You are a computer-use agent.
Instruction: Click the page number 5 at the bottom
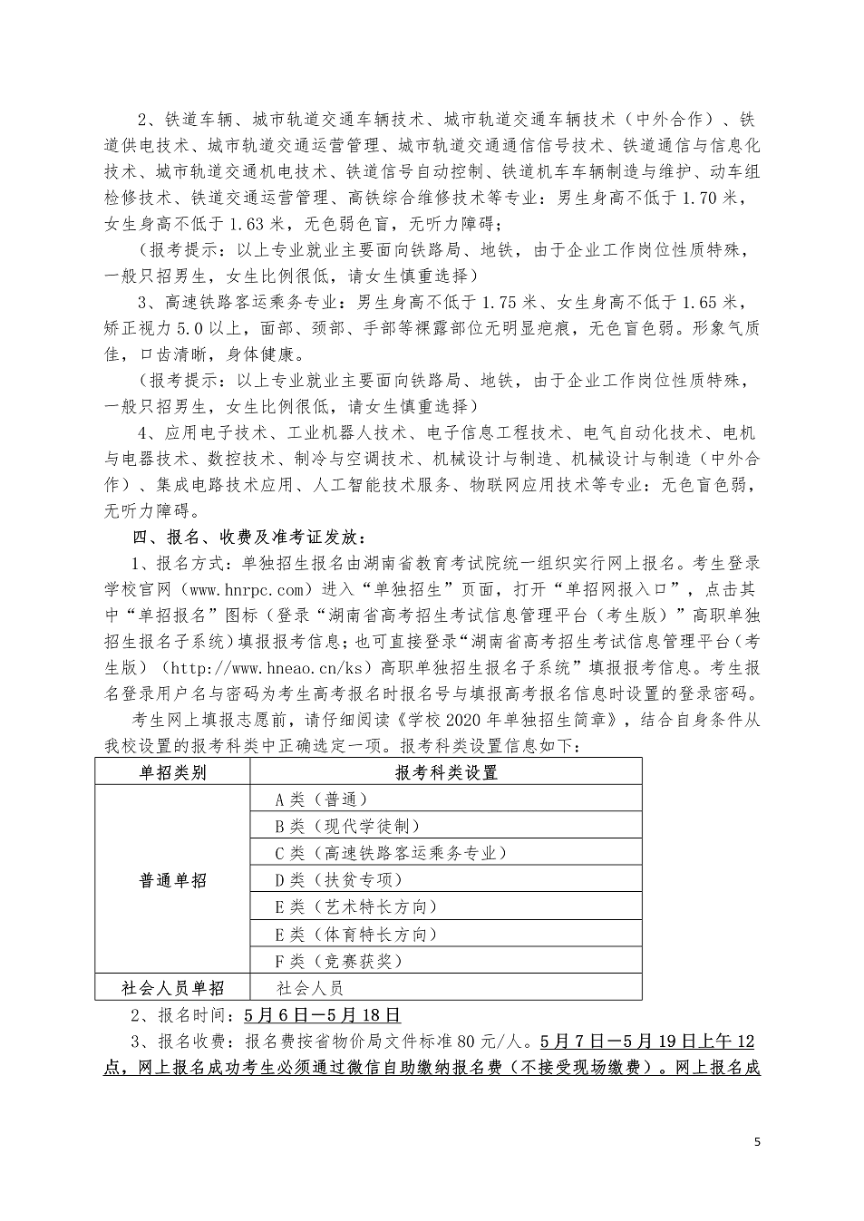coord(758,1141)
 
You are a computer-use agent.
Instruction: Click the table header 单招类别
coord(172,772)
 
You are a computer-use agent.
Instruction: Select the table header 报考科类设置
coord(446,772)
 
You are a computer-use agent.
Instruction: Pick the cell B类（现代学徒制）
coord(347,826)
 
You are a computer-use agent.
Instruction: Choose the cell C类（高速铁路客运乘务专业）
coord(390,853)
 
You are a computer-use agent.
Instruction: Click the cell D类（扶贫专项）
coord(339,879)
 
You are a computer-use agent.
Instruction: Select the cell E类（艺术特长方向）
coord(356,906)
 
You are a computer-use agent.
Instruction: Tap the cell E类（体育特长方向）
coord(356,934)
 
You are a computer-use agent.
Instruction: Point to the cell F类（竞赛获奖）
coord(339,961)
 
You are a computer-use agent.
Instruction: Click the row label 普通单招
coord(172,880)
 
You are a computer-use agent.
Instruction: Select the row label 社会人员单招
coord(172,987)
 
